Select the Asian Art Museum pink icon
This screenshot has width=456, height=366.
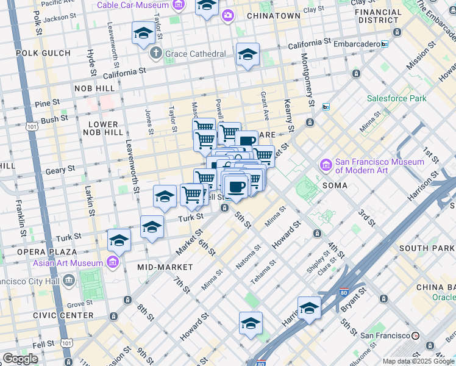[112, 262]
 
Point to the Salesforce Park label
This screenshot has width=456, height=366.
[396, 98]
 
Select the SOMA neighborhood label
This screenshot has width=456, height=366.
[335, 185]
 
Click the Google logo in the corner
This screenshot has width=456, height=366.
[20, 359]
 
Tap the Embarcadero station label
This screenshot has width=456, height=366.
[358, 44]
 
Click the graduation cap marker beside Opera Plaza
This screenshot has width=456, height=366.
[119, 240]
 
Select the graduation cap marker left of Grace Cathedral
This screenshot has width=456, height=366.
[143, 33]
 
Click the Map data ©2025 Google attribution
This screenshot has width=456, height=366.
[418, 361]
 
